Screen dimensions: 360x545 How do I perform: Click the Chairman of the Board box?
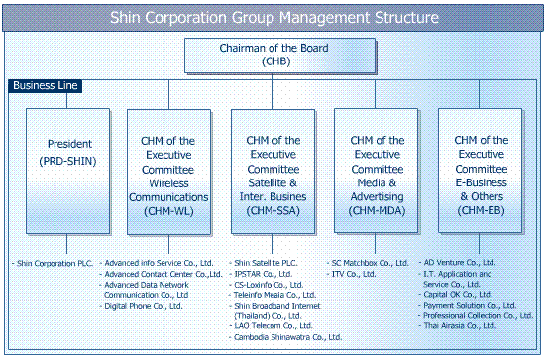point(273,56)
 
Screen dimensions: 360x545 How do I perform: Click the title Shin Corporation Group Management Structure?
point(272,17)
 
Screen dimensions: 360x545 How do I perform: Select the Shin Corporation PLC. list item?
point(55,263)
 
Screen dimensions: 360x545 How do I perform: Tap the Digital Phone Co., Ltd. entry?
point(145,306)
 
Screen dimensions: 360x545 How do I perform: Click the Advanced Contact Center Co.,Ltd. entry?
point(163,274)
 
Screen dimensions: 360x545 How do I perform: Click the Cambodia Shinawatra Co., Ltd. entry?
point(288,337)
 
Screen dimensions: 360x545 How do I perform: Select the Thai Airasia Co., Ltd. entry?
point(475,326)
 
